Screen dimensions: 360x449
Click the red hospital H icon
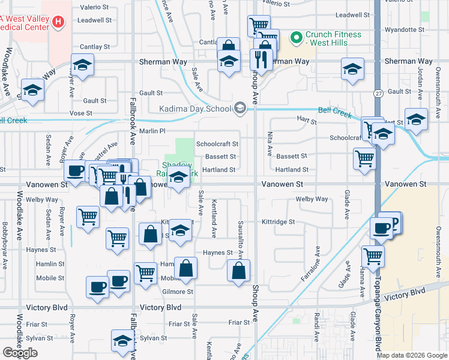tap(58, 23)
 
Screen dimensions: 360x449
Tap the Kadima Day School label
tap(195, 109)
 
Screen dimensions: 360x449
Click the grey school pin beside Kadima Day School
tap(240, 108)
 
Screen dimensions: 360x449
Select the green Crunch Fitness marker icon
tap(296, 38)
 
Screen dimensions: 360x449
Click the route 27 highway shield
tap(378, 94)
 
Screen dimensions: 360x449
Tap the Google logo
tap(20, 353)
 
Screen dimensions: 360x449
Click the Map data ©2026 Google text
tap(412, 355)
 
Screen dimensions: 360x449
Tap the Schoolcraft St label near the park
tap(217, 144)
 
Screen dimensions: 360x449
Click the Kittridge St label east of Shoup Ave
tap(278, 221)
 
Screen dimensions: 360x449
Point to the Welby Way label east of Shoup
tap(312, 199)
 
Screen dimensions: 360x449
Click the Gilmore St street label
tap(177, 292)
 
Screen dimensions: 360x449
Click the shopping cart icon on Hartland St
tap(364, 158)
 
